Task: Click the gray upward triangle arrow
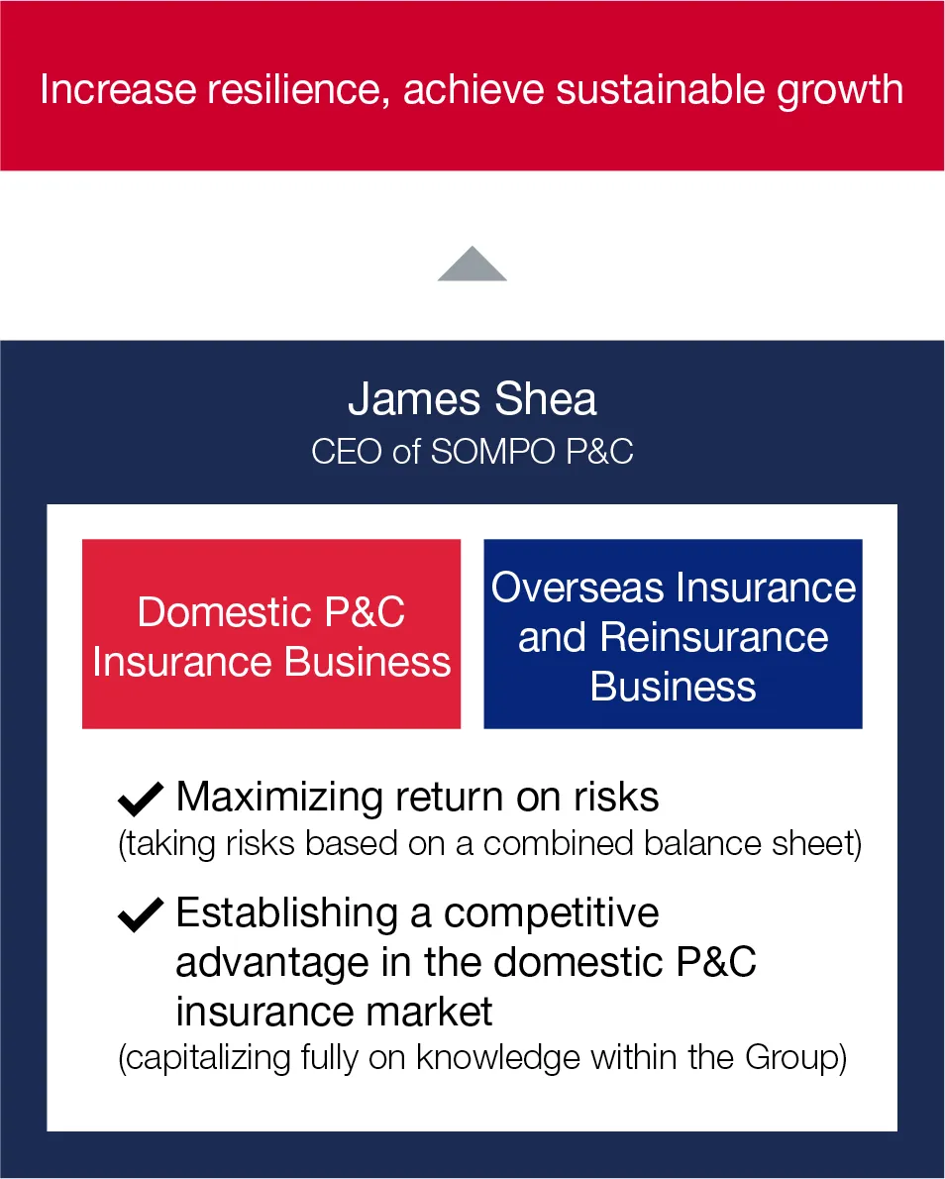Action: coord(472,266)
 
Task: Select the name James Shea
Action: coord(472,399)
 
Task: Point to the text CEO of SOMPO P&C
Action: coord(472,451)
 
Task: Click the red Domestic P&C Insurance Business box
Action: coord(270,634)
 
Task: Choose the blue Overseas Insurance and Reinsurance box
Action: coord(673,634)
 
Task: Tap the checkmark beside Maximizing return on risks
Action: coord(141,798)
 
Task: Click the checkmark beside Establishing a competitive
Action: coord(141,914)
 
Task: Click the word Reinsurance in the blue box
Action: coord(714,637)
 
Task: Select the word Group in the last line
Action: coord(791,1057)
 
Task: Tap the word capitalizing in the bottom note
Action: coord(205,1058)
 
